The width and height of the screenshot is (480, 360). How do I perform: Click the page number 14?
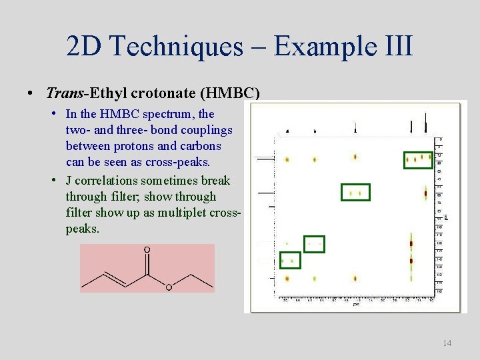[447, 343]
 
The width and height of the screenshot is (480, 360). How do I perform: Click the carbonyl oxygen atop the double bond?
[147, 250]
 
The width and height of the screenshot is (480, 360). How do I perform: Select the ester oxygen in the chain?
[169, 287]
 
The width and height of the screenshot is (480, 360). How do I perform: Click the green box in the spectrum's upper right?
[419, 159]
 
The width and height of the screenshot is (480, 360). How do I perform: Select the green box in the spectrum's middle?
[355, 193]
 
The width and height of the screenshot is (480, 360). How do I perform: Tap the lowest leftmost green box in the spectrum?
[290, 260]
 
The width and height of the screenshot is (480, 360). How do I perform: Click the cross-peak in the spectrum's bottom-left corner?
[287, 279]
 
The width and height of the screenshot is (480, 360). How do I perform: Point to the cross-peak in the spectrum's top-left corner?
[287, 159]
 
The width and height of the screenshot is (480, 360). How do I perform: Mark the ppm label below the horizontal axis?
[356, 305]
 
